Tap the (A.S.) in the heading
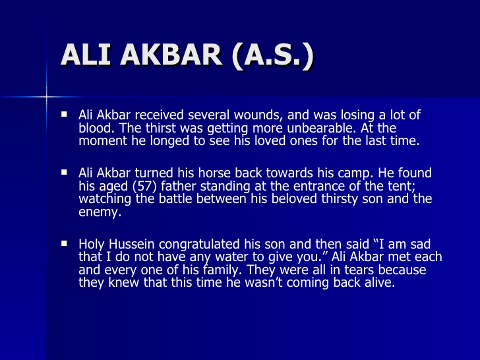(x=270, y=55)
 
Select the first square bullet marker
(x=65, y=114)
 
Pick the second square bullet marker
(x=65, y=172)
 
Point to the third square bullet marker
(x=65, y=243)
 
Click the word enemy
(x=99, y=212)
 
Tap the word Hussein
(x=133, y=244)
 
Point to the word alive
(x=376, y=283)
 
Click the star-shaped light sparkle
(x=47, y=96)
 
